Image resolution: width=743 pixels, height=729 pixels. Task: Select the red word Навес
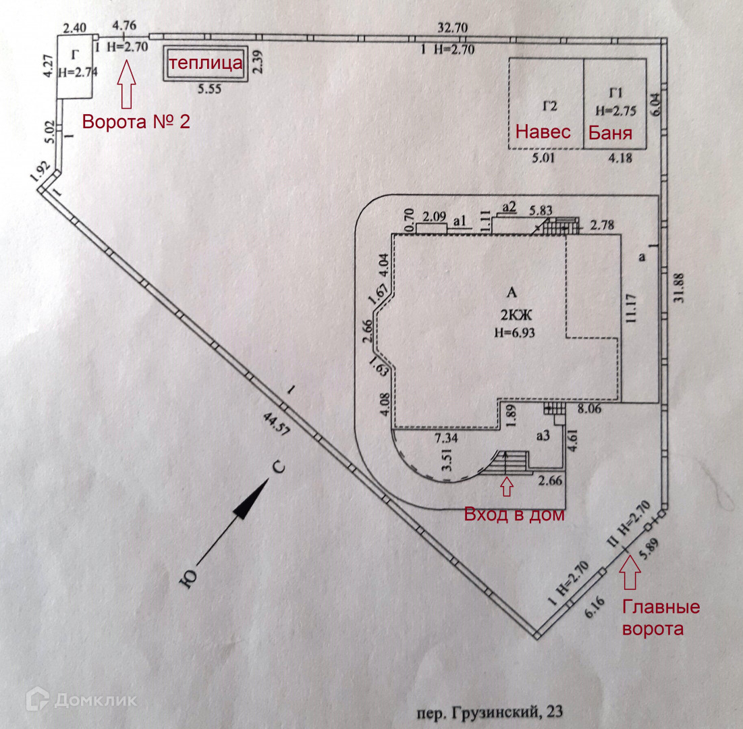[x=543, y=132]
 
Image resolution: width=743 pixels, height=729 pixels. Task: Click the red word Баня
[x=610, y=132]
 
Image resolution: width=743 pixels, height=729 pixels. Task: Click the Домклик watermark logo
[x=81, y=700]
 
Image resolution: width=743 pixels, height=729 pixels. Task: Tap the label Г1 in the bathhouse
[x=615, y=92]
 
